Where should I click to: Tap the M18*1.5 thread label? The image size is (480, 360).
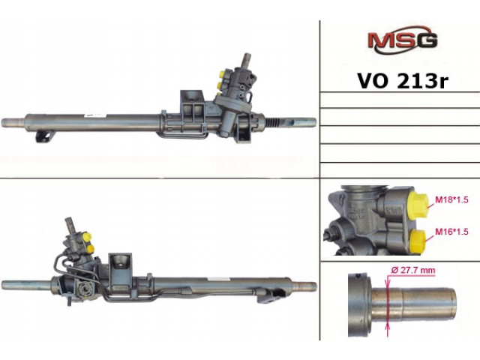(x=451, y=200)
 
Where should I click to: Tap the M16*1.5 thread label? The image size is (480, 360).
(x=451, y=232)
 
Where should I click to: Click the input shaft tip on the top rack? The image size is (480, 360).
(x=246, y=58)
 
